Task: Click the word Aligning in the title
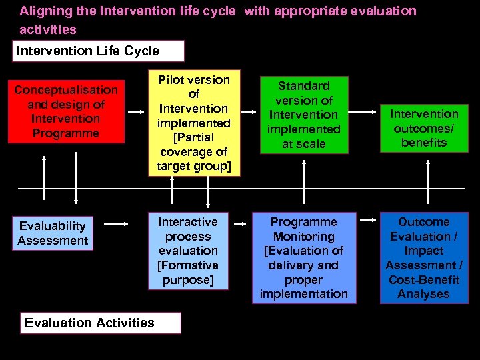(x=41, y=11)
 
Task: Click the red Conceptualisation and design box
(x=66, y=111)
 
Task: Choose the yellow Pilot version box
(x=193, y=123)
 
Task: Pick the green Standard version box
(x=303, y=115)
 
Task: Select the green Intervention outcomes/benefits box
(x=423, y=128)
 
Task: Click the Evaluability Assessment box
(x=53, y=233)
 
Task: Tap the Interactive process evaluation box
(x=188, y=251)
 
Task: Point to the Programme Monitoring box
(x=303, y=258)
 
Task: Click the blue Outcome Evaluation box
(x=423, y=258)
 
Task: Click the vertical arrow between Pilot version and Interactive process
(x=209, y=193)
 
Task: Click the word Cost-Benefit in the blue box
(x=423, y=279)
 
